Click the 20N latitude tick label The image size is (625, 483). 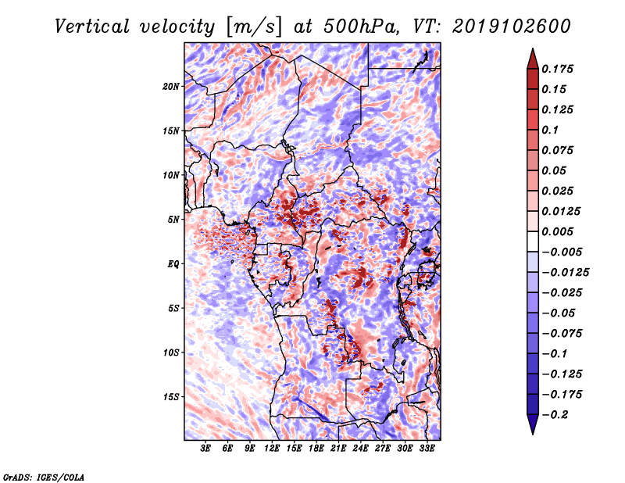(x=170, y=87)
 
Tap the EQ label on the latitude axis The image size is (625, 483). (x=173, y=264)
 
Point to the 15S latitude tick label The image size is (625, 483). (x=170, y=397)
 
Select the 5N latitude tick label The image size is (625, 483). (x=173, y=220)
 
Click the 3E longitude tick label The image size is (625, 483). (x=205, y=449)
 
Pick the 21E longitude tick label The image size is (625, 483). (x=338, y=449)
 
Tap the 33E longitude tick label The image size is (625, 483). (x=427, y=449)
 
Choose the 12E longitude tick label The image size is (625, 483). (x=271, y=449)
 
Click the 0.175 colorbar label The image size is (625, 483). (x=557, y=69)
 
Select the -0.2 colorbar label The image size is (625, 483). (x=555, y=415)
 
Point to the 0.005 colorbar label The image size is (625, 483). (x=557, y=231)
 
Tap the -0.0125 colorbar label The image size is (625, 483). (x=565, y=273)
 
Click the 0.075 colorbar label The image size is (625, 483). (x=557, y=150)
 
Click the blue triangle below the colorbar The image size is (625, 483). (x=533, y=424)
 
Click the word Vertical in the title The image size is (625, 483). (x=92, y=27)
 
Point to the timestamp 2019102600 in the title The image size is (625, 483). (x=512, y=27)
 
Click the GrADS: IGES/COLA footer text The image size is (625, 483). (x=44, y=477)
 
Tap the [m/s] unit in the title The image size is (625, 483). (x=254, y=27)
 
